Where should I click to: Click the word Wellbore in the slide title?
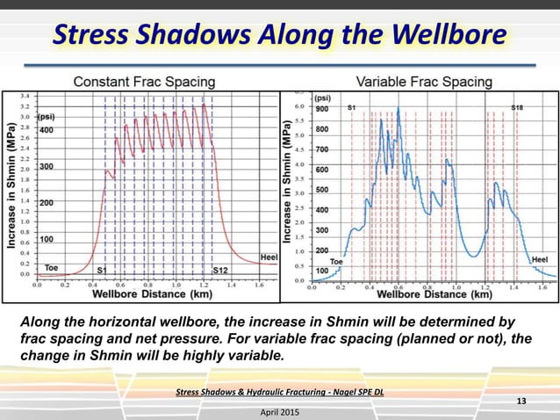click(x=450, y=34)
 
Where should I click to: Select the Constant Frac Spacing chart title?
click(x=143, y=82)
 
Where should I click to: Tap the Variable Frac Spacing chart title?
click(x=424, y=82)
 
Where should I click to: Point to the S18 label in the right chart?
click(x=517, y=107)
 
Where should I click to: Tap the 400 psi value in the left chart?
click(x=46, y=130)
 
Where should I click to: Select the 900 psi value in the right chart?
click(x=323, y=109)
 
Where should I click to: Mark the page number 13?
click(x=521, y=402)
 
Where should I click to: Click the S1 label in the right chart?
click(x=352, y=107)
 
